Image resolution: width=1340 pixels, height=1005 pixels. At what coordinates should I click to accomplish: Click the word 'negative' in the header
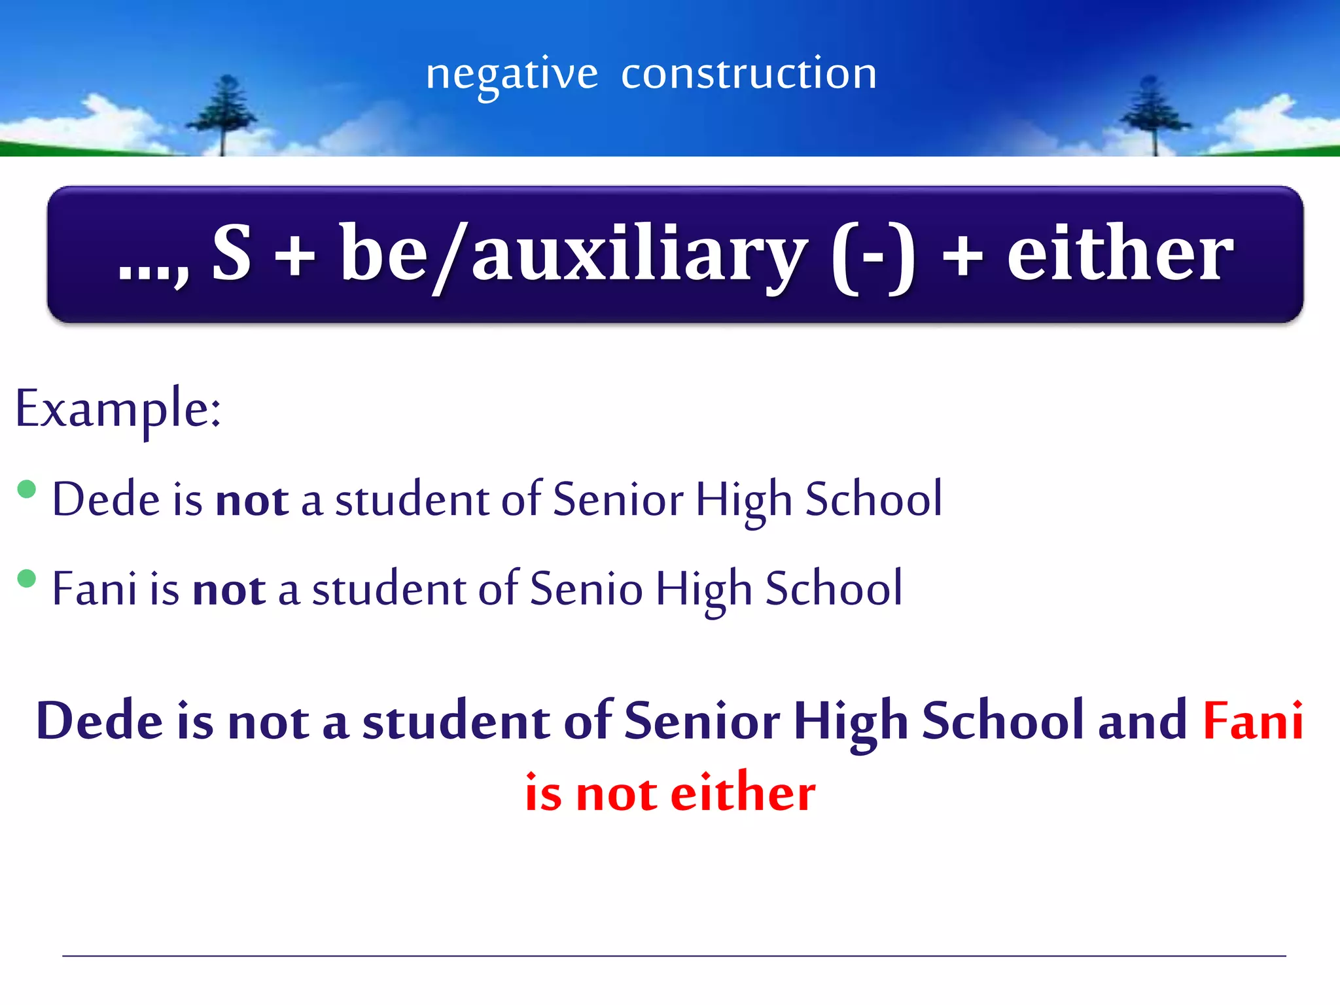click(x=512, y=74)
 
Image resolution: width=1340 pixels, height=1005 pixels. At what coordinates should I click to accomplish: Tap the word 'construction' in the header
click(x=749, y=73)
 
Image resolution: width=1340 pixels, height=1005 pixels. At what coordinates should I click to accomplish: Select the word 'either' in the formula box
click(x=1120, y=253)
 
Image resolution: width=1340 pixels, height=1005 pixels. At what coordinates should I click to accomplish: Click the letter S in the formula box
click(x=232, y=253)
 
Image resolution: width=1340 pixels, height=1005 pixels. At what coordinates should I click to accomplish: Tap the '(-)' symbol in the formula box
click(x=873, y=255)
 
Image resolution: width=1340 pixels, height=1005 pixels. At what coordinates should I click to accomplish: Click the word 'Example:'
click(x=118, y=409)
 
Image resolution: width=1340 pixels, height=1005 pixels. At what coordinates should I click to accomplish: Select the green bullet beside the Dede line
click(x=27, y=489)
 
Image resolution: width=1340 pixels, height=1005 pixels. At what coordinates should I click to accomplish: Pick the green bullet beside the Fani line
click(x=27, y=579)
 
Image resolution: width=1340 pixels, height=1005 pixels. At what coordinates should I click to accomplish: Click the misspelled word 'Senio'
click(x=586, y=588)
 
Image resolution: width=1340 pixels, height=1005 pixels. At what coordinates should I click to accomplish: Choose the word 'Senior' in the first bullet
click(x=618, y=499)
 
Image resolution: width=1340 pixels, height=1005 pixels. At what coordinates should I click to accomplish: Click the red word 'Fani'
click(x=1253, y=720)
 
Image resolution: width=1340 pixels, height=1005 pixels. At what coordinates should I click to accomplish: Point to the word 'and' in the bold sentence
click(x=1142, y=720)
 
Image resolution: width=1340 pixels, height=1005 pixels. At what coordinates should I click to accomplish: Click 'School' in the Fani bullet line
click(x=834, y=588)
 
